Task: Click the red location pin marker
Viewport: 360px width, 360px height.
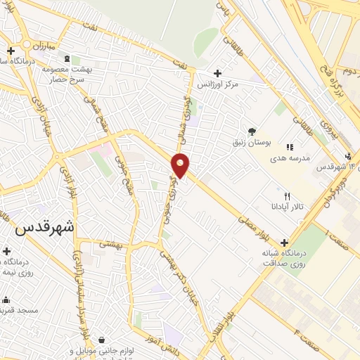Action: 181,165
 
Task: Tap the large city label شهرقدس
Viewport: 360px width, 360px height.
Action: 44,229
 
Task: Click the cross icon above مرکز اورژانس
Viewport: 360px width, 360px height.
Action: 217,73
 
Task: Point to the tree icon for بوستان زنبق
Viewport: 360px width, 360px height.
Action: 252,131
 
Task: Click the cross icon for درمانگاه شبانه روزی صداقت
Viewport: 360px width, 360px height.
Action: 284,243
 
